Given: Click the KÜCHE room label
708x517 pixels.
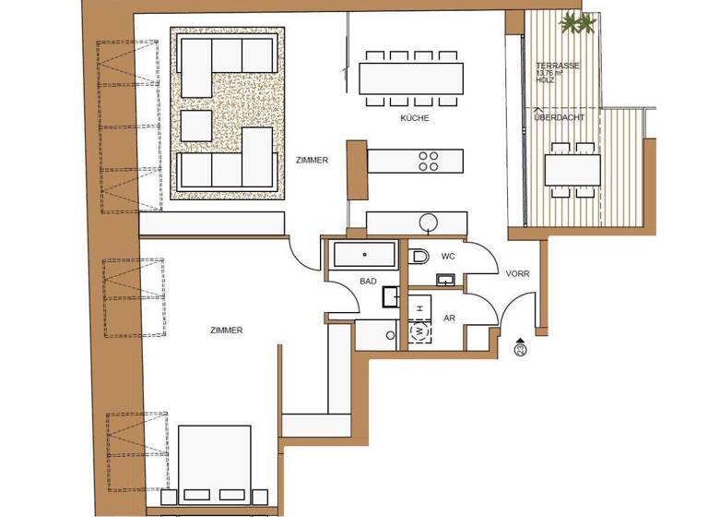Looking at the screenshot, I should click(415, 119).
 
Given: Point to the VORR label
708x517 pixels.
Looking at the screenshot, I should click(517, 274).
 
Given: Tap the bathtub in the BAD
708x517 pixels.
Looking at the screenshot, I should click(365, 254).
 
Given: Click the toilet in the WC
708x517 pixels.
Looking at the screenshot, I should click(419, 255).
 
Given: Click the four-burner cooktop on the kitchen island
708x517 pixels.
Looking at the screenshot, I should click(430, 161).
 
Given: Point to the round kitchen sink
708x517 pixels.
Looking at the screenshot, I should click(429, 222).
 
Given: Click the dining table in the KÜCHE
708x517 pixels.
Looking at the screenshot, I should click(411, 73).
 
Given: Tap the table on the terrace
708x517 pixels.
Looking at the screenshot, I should click(572, 170).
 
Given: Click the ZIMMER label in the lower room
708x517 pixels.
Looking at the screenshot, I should click(226, 330).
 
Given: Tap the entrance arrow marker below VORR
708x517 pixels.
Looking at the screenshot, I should click(521, 347).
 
